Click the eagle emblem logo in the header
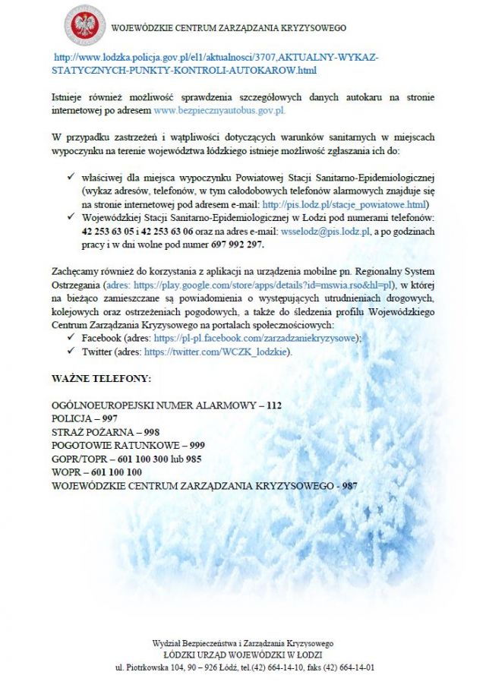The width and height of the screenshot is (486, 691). tap(84, 27)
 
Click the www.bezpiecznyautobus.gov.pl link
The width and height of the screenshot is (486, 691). tap(219, 110)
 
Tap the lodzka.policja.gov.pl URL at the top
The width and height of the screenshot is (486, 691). tap(215, 64)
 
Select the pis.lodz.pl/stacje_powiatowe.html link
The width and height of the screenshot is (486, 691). tap(344, 204)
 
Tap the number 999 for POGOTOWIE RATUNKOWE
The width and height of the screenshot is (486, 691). tap(196, 445)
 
